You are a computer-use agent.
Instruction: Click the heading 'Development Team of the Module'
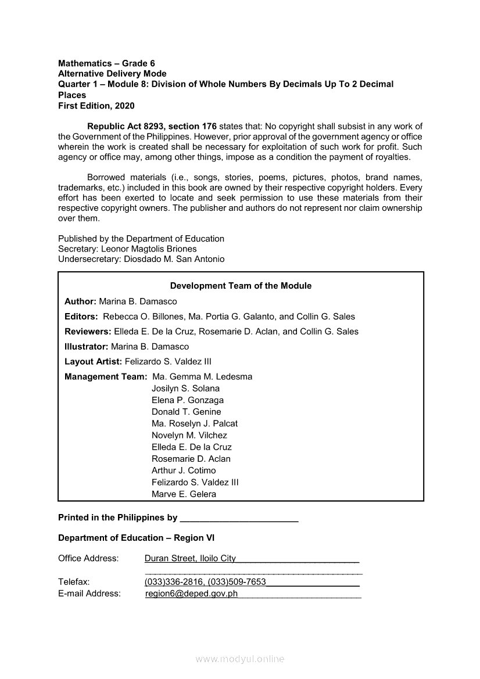click(x=241, y=286)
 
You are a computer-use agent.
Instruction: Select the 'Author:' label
click(x=80, y=301)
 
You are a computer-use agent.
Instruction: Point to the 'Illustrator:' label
click(x=87, y=347)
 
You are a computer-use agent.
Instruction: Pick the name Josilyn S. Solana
click(x=185, y=389)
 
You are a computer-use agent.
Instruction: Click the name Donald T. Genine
click(x=186, y=412)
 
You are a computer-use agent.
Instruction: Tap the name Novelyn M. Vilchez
click(x=189, y=435)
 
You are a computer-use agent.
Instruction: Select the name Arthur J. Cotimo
click(x=184, y=470)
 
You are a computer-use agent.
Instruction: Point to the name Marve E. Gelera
click(x=184, y=494)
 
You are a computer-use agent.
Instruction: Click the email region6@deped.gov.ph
click(x=191, y=594)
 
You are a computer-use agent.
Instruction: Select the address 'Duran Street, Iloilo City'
click(x=190, y=558)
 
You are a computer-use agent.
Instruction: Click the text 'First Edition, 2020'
click(x=96, y=106)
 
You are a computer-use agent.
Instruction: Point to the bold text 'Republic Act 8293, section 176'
click(x=152, y=126)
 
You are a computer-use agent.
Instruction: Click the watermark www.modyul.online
click(x=240, y=659)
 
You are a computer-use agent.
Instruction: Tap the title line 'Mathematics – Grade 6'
click(x=106, y=63)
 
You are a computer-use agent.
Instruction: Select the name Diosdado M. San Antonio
click(x=174, y=259)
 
